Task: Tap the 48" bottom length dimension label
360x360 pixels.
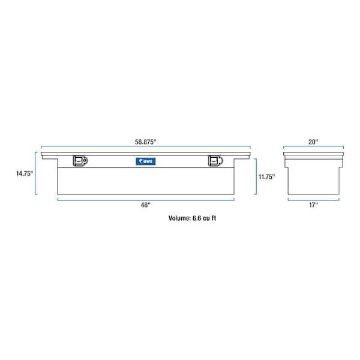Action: (145, 205)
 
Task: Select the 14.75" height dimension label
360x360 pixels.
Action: (24, 174)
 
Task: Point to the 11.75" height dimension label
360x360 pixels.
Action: (266, 176)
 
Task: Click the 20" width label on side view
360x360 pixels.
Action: (313, 142)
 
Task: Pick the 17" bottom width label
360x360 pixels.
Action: (313, 205)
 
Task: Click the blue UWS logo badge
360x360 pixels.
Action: (145, 161)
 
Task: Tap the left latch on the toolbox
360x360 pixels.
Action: (80, 160)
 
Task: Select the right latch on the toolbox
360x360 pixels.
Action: (214, 160)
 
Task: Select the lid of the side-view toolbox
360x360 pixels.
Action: (313, 155)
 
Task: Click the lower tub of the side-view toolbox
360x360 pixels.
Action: (313, 177)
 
